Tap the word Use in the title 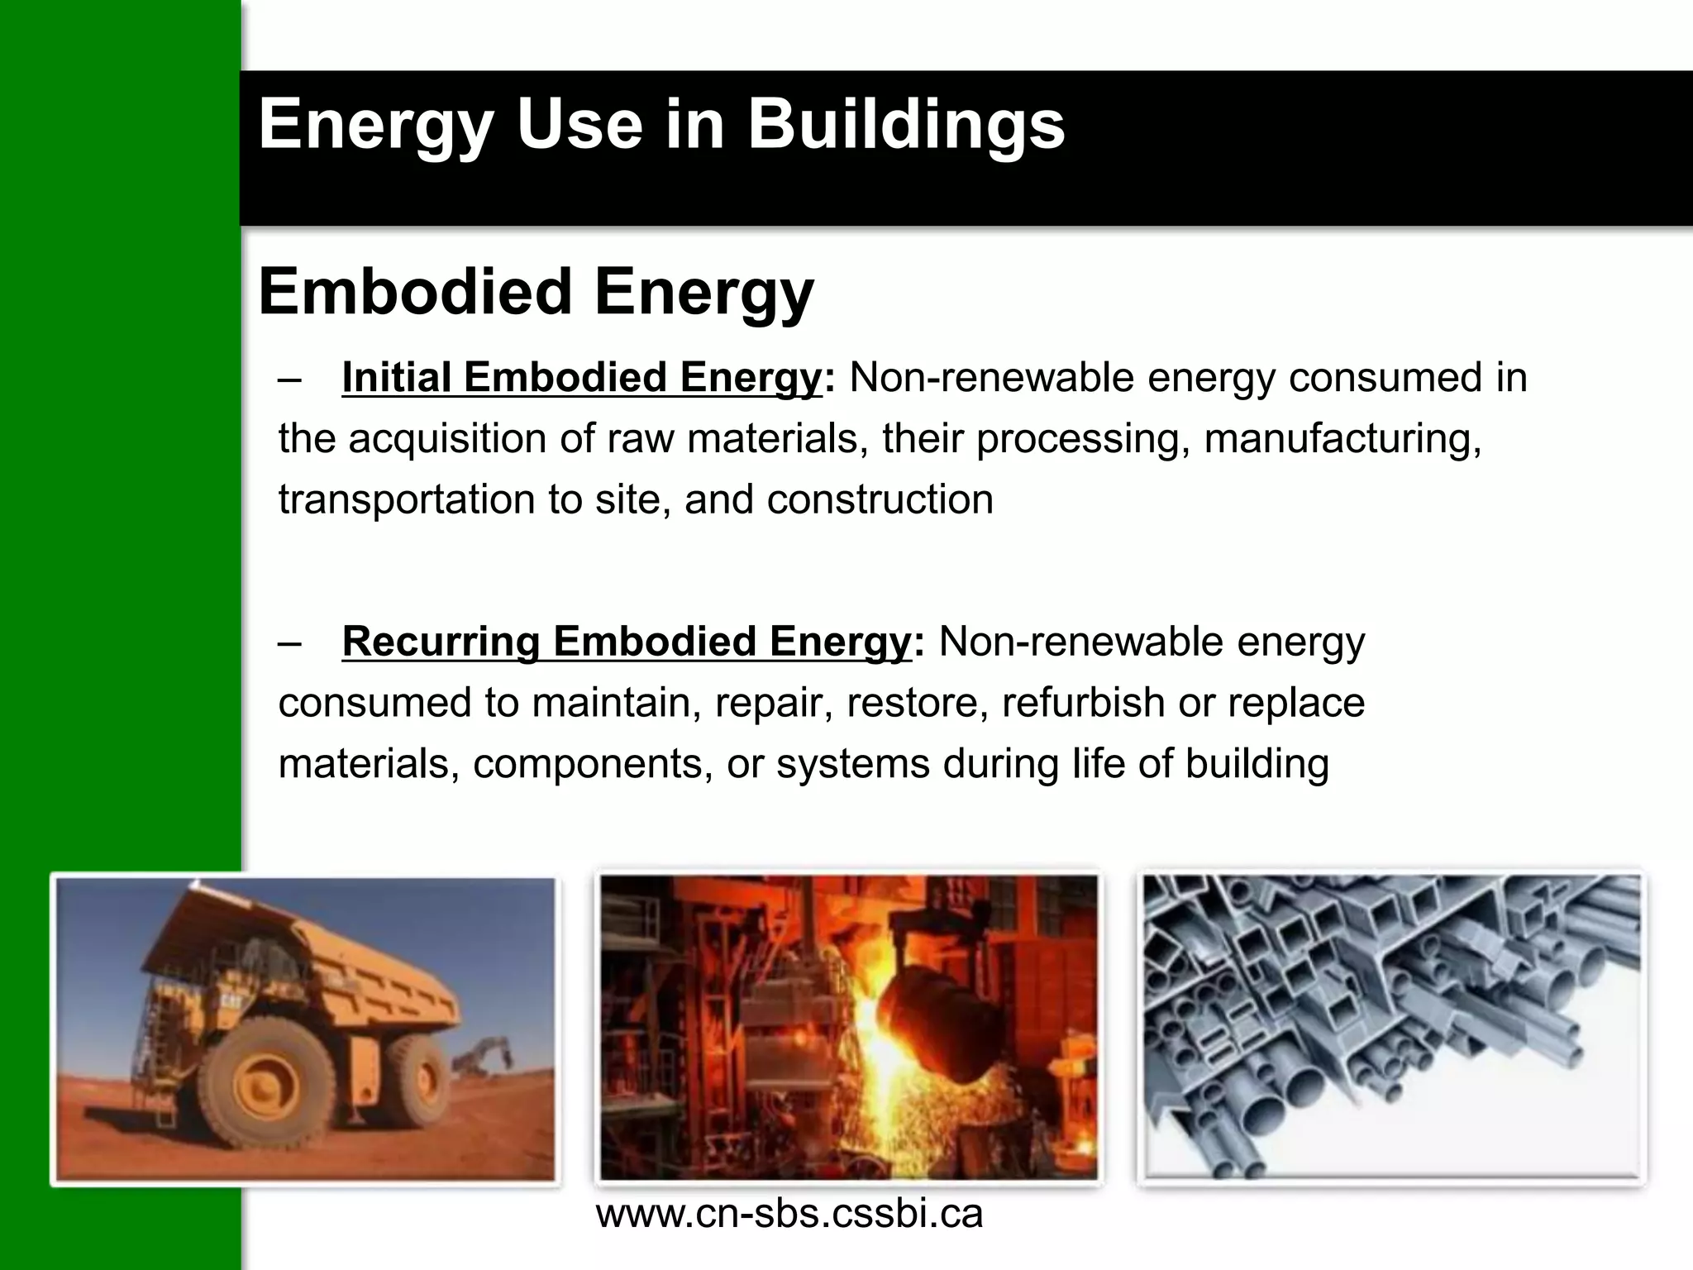[x=579, y=125]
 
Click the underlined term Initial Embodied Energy [x=581, y=378]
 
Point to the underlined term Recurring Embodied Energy [x=626, y=642]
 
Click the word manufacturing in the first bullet [x=1342, y=439]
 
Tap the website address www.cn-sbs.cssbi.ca [x=789, y=1214]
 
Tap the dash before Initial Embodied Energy [x=290, y=380]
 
